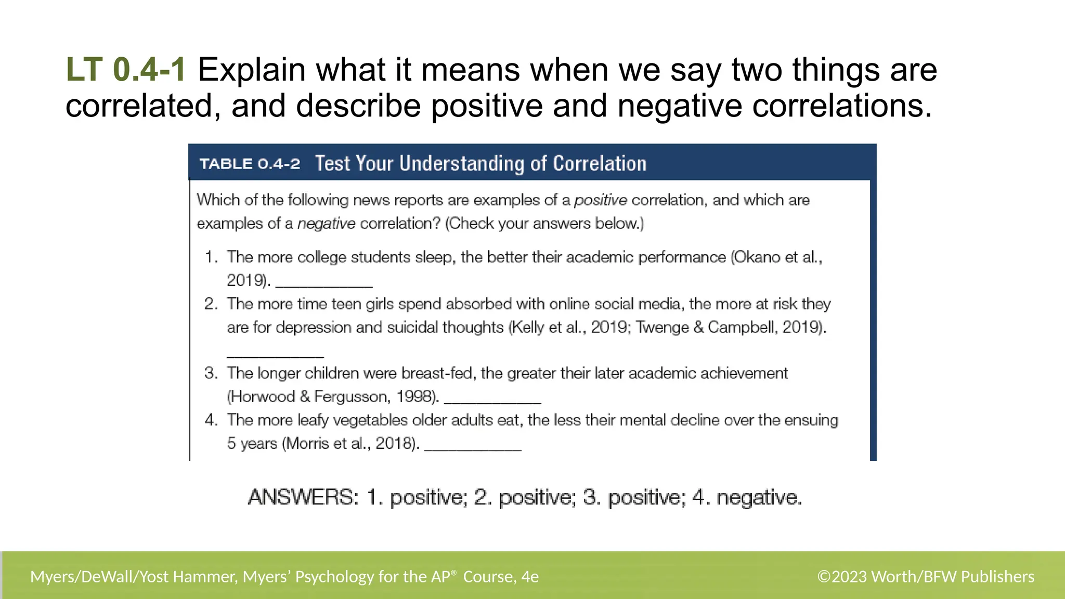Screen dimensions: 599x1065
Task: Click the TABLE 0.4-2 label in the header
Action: (x=250, y=164)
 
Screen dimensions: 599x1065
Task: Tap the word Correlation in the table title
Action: (x=599, y=164)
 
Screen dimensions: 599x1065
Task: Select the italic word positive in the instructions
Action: (x=600, y=200)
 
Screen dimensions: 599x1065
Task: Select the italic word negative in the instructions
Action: (x=326, y=224)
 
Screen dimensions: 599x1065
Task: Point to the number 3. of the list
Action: (x=211, y=373)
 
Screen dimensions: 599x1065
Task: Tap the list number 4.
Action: (x=211, y=420)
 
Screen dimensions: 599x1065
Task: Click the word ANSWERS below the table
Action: (x=303, y=498)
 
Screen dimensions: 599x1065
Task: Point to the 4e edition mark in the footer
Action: (x=530, y=577)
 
